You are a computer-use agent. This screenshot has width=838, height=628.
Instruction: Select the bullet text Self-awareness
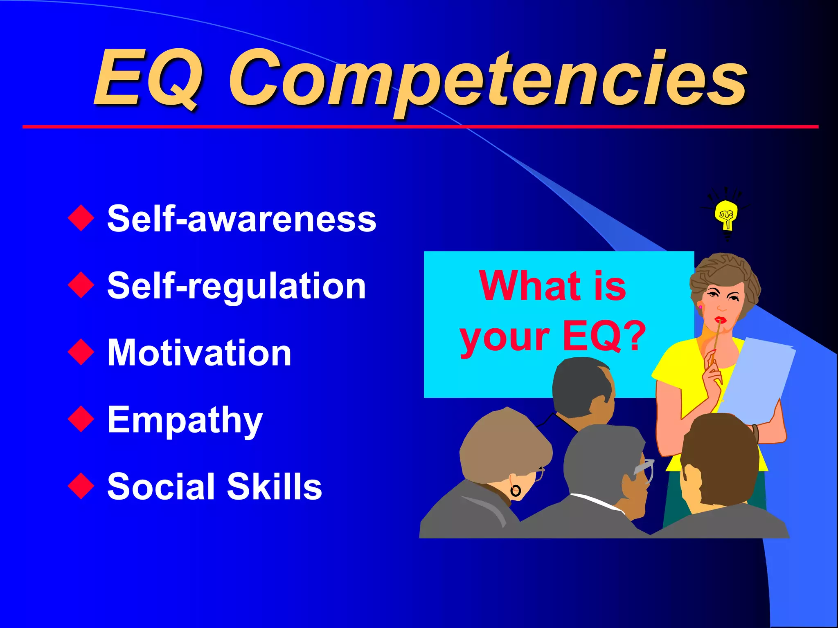(x=241, y=219)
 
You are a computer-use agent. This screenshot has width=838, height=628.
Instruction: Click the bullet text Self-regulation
(x=236, y=286)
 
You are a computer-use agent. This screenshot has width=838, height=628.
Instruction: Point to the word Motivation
(x=199, y=353)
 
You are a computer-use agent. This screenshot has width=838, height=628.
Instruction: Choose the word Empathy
(x=185, y=420)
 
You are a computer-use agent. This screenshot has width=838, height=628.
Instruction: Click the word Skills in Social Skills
(x=274, y=487)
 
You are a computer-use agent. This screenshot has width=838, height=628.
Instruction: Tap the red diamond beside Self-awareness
(x=81, y=218)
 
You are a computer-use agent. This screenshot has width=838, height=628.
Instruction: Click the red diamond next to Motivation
(x=81, y=352)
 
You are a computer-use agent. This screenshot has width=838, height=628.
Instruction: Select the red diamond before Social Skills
(x=81, y=486)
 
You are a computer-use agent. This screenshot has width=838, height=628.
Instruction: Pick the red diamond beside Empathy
(x=81, y=419)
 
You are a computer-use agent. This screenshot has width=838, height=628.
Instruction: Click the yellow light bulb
(x=726, y=215)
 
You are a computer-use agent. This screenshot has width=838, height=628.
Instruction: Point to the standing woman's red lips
(x=720, y=320)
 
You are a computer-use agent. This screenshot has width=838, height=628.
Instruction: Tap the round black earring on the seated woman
(x=515, y=491)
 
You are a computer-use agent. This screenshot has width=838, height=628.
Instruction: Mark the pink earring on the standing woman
(x=700, y=307)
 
